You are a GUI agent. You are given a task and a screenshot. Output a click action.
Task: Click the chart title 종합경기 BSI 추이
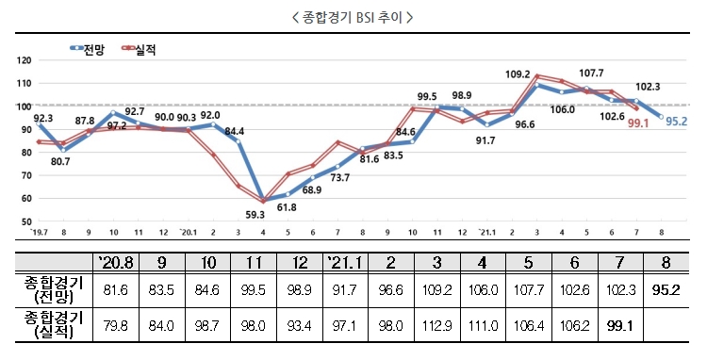point(353,18)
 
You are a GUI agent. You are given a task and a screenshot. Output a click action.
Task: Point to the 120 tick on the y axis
point(25,60)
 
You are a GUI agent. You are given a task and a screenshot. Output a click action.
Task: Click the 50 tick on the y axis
point(25,221)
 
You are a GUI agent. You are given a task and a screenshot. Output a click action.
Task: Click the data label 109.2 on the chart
point(519,74)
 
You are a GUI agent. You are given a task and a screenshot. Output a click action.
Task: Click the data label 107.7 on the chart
point(591,74)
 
